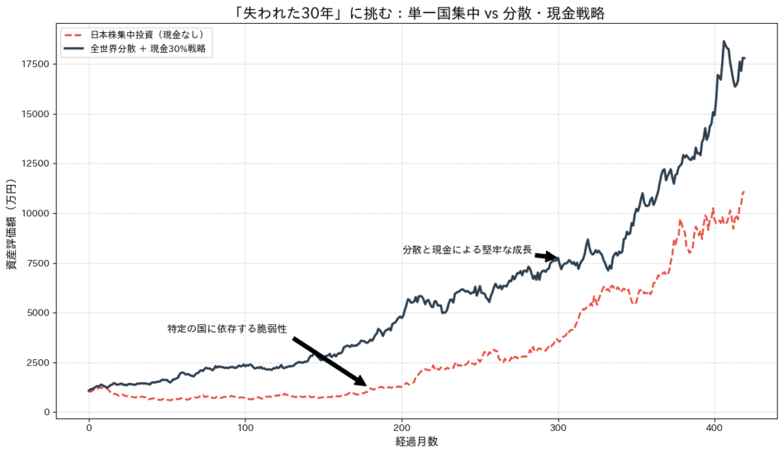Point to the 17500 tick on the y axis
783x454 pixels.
[35, 64]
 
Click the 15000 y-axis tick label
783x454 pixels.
[35, 114]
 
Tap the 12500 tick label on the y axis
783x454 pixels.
[35, 164]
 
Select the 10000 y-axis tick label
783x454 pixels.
[35, 213]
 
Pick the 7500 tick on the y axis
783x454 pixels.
[38, 263]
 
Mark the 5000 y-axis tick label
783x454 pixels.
[38, 313]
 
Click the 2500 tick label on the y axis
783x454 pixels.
[38, 362]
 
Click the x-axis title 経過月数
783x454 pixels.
[417, 442]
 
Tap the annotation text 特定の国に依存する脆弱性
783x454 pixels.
[226, 329]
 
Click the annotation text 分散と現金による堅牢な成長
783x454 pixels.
[466, 249]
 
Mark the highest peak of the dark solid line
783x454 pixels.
[723, 42]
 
